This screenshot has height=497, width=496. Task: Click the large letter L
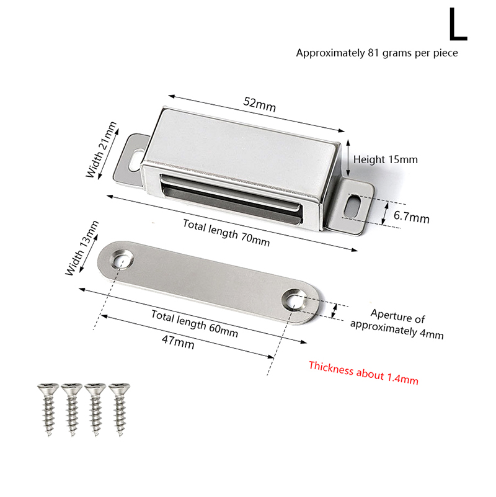(458, 25)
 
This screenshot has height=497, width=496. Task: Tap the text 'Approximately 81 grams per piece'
(377, 53)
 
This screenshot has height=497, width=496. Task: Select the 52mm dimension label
(260, 104)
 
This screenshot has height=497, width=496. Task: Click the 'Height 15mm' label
(386, 159)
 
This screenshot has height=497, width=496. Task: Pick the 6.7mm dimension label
(412, 217)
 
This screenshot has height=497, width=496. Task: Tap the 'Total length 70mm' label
(226, 233)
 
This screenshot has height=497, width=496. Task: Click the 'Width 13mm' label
(82, 248)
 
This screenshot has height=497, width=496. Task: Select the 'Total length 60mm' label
(195, 324)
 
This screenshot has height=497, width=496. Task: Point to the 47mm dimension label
(178, 343)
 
